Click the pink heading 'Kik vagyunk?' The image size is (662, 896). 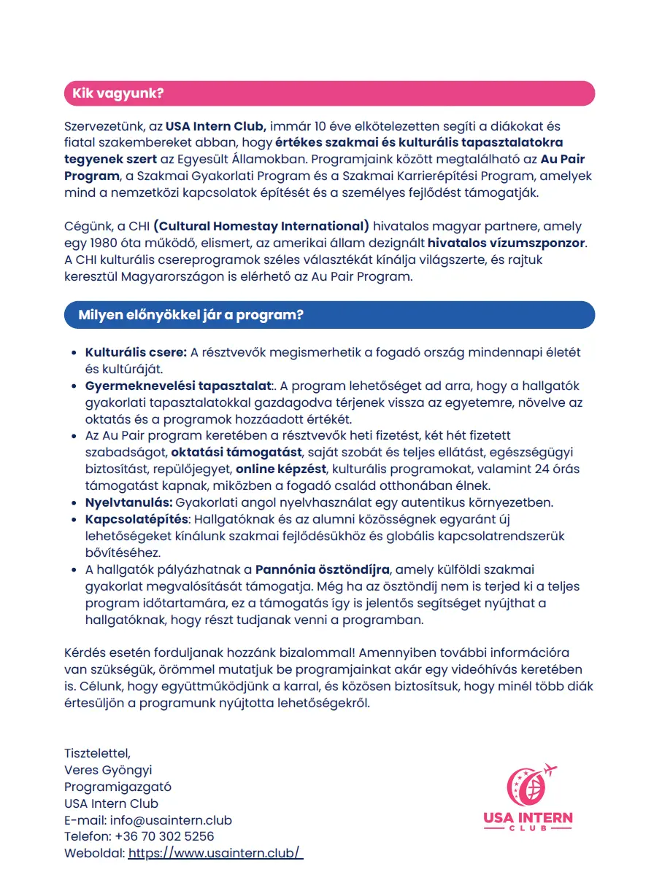coord(118,93)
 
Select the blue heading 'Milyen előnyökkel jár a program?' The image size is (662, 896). coord(190,315)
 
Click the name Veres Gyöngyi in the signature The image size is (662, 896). coord(108,770)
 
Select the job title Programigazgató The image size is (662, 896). coord(118,787)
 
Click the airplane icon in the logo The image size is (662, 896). coord(549,770)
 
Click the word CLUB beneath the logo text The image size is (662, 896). coord(528,830)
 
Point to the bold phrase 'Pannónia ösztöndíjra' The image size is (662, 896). coord(323,569)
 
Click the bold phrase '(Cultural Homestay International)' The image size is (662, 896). coord(261,226)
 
